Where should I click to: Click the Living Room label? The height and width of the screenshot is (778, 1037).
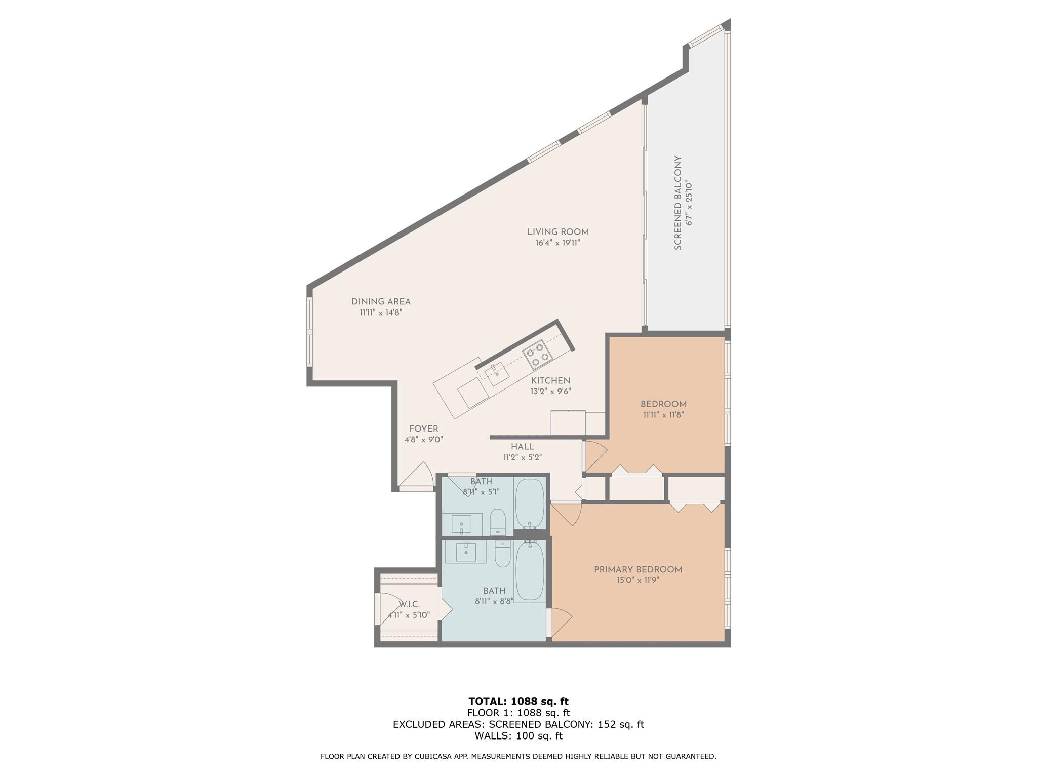558,232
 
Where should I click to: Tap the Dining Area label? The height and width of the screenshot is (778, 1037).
381,302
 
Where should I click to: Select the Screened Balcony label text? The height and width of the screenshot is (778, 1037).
678,203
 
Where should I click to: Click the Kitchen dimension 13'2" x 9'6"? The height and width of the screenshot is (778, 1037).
550,392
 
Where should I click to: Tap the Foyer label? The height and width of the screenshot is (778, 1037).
424,429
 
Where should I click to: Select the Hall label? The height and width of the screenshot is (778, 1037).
523,447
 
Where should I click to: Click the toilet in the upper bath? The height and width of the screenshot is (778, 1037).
498,522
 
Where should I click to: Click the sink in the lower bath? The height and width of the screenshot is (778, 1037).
466,552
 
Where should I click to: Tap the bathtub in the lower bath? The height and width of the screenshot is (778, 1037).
530,570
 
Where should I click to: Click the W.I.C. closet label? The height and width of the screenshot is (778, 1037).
409,604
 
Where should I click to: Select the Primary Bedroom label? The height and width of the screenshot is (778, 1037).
638,570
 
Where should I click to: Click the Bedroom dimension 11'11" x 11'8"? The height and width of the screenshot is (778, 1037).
663,415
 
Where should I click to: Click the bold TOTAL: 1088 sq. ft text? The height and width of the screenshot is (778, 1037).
518,702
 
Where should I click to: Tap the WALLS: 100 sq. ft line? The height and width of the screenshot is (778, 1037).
518,736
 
